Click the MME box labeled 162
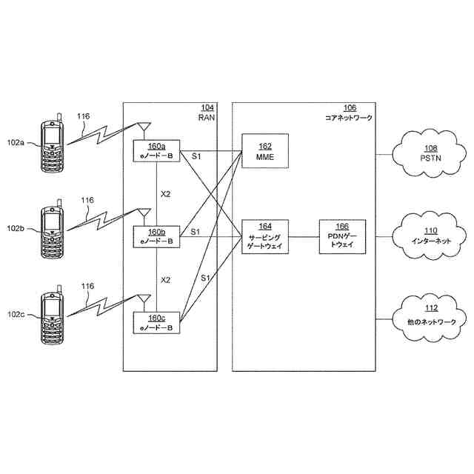coord(265,151)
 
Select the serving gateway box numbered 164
coord(265,237)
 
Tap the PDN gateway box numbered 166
coord(342,237)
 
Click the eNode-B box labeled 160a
coord(156,151)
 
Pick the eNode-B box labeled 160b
coord(156,237)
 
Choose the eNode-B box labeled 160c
coord(156,323)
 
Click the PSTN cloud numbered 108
coord(430,153)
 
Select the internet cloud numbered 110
coord(430,236)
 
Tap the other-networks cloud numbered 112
coord(430,318)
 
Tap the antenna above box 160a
coord(144,130)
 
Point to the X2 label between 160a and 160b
coord(165,194)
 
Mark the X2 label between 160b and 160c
coord(165,280)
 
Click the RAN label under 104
coord(207,118)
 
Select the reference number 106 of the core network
coord(350,108)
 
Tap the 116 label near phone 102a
coord(83,116)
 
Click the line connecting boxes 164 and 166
coord(304,237)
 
